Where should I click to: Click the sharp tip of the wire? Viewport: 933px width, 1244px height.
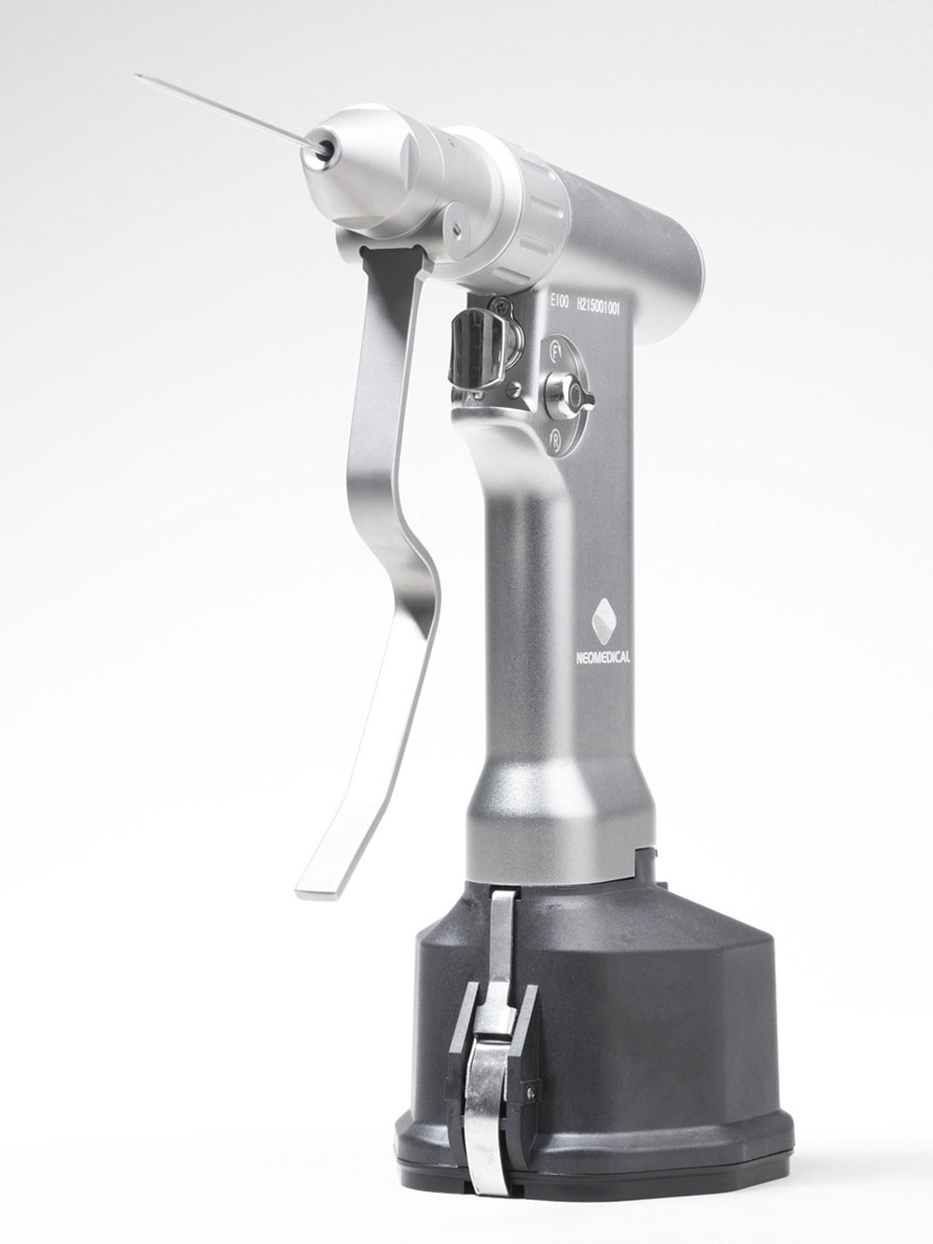[x=136, y=76]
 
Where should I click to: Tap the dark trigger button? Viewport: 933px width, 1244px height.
[x=468, y=350]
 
